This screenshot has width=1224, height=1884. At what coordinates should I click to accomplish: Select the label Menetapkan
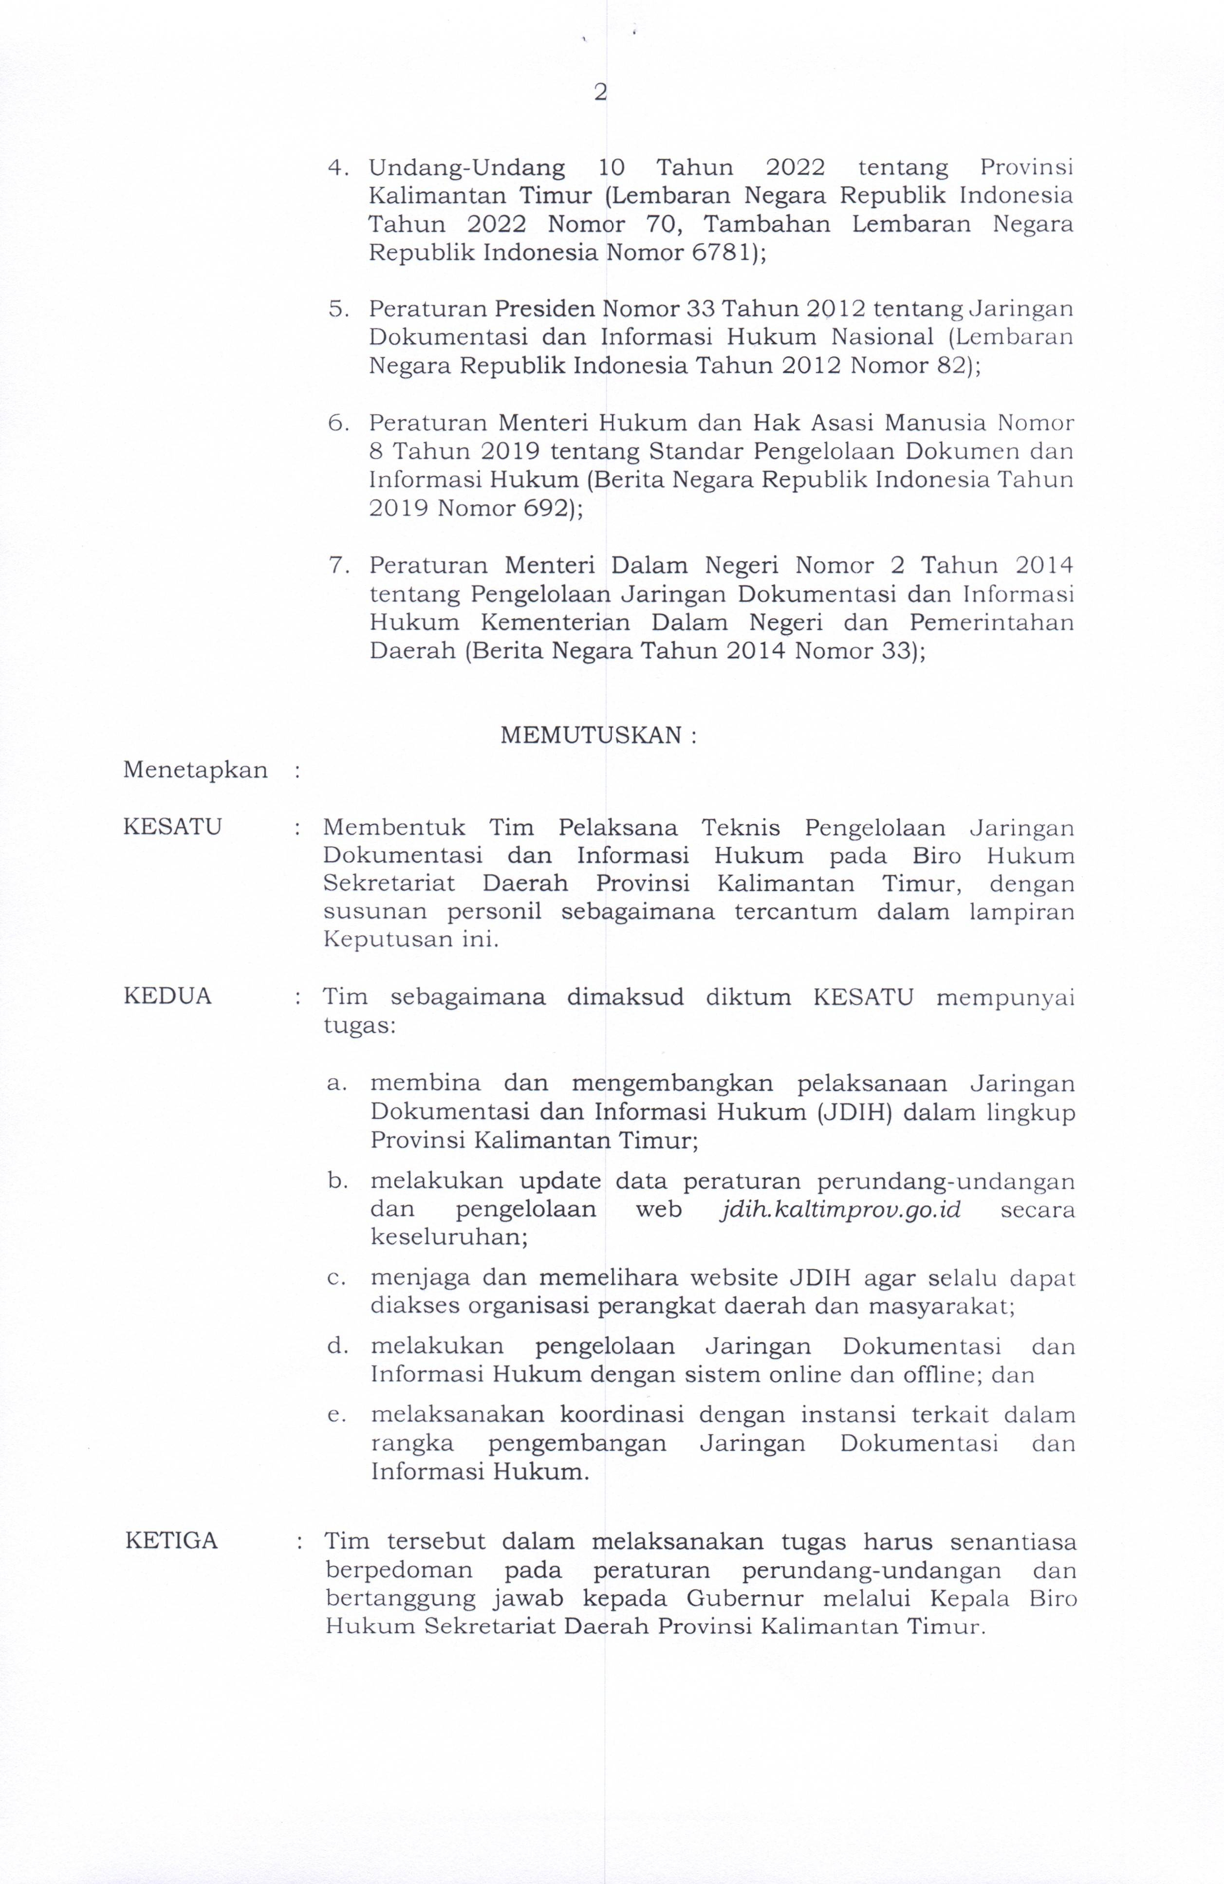click(195, 770)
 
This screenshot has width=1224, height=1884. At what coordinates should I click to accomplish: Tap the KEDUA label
click(168, 996)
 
